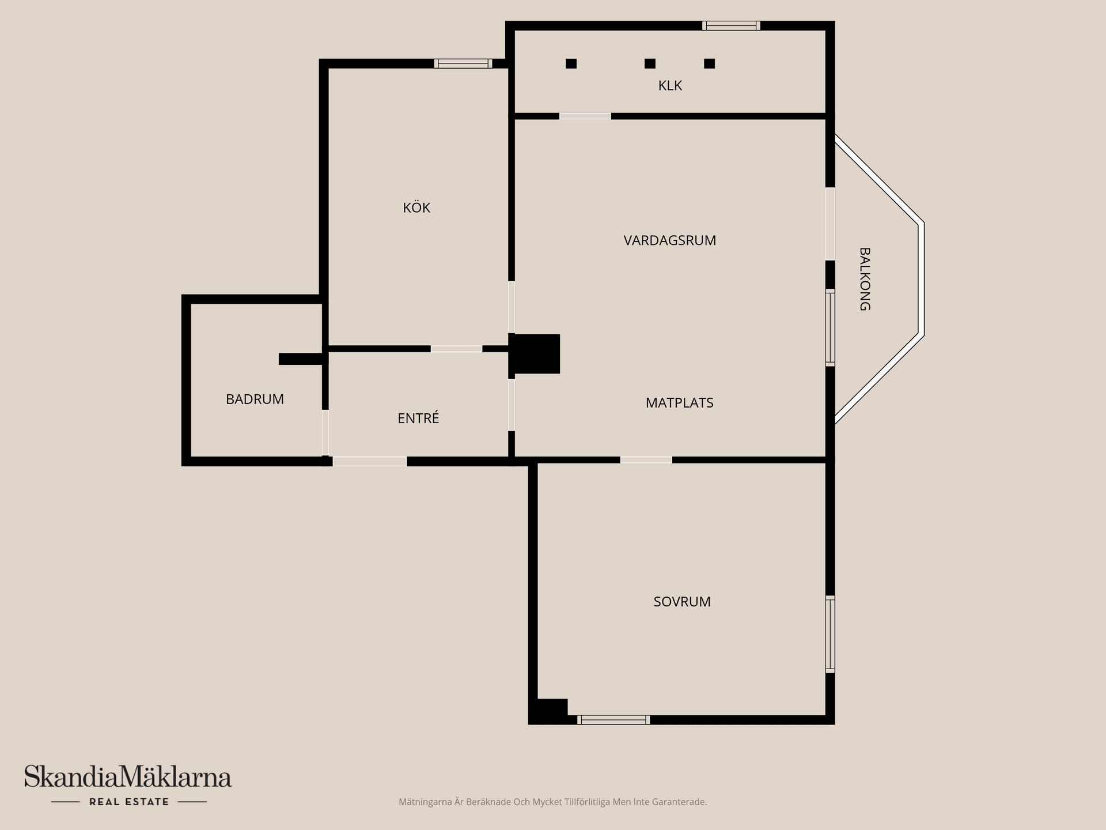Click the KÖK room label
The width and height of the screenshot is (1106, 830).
tap(416, 207)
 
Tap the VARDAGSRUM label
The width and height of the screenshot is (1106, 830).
tap(670, 240)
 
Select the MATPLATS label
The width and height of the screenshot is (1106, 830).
tap(680, 403)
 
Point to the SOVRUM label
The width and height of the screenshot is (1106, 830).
tap(682, 602)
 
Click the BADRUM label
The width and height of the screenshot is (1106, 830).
tap(255, 399)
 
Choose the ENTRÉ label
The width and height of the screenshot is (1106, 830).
tap(418, 417)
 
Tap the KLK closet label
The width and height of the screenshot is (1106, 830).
tap(670, 86)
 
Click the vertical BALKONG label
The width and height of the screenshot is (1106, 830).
tap(865, 280)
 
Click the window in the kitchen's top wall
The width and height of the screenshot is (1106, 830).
tap(463, 63)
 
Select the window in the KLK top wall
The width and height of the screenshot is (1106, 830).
tap(731, 25)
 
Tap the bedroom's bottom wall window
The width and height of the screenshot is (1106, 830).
tap(613, 720)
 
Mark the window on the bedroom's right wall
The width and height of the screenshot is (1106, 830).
tap(830, 634)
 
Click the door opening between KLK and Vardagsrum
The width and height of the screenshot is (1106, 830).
tap(585, 116)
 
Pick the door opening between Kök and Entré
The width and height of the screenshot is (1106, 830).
tap(456, 349)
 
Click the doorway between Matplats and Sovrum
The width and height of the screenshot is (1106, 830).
tap(646, 460)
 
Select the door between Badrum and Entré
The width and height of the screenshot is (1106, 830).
tap(325, 432)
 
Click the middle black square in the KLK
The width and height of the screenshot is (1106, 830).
tap(650, 63)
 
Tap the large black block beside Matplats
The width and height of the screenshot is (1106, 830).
tap(535, 354)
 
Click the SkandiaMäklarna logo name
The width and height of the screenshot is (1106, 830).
tap(128, 776)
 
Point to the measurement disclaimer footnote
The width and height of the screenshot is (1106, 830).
tap(552, 802)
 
